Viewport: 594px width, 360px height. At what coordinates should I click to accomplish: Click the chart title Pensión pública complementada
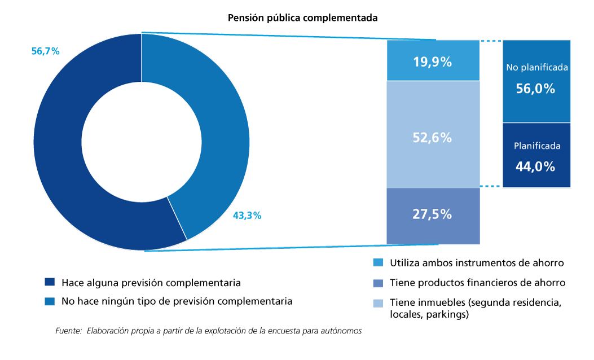pyautogui.click(x=302, y=18)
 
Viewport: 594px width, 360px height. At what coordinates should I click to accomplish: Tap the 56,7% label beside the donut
pyautogui.click(x=46, y=51)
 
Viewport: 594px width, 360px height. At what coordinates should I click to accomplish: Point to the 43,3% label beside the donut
pyautogui.click(x=247, y=216)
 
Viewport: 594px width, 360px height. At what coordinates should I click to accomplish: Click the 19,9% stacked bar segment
pyautogui.click(x=433, y=61)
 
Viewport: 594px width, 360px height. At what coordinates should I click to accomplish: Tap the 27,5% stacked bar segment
pyautogui.click(x=433, y=215)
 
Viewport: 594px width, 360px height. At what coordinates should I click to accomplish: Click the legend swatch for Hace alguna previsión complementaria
pyautogui.click(x=50, y=282)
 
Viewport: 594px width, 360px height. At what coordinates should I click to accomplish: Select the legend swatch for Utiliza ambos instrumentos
pyautogui.click(x=378, y=263)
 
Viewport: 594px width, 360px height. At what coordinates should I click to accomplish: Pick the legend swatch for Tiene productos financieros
pyautogui.click(x=378, y=283)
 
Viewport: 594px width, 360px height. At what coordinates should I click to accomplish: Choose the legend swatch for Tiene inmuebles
pyautogui.click(x=378, y=303)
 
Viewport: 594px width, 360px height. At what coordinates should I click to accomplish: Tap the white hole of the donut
pyautogui.click(x=141, y=142)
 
